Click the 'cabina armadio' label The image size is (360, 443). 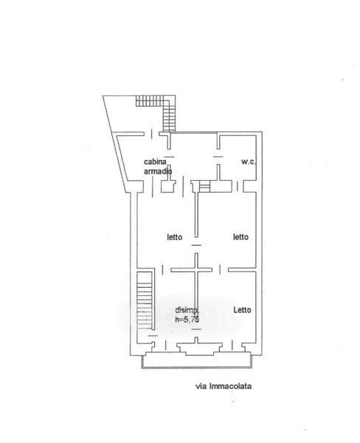tap(158, 166)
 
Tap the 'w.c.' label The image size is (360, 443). tap(249, 162)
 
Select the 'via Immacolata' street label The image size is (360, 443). tap(224, 386)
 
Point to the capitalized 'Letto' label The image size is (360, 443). tap(242, 310)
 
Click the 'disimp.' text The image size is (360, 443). tap(187, 310)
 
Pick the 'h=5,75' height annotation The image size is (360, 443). tap(187, 319)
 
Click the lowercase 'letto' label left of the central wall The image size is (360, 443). tap(175, 237)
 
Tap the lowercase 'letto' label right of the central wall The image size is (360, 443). tap(240, 236)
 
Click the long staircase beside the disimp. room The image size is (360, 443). tap(145, 300)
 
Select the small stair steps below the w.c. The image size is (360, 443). tap(205, 187)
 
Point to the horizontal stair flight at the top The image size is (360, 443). tap(150, 101)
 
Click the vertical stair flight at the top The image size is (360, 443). tap(169, 114)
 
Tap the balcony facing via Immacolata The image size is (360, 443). tap(196, 360)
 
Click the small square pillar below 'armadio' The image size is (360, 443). tap(167, 187)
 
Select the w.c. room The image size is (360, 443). tap(238, 157)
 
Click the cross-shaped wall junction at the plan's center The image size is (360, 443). tap(196, 269)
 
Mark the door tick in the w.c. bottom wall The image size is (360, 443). tap(238, 186)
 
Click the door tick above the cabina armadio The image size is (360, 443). tap(152, 134)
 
